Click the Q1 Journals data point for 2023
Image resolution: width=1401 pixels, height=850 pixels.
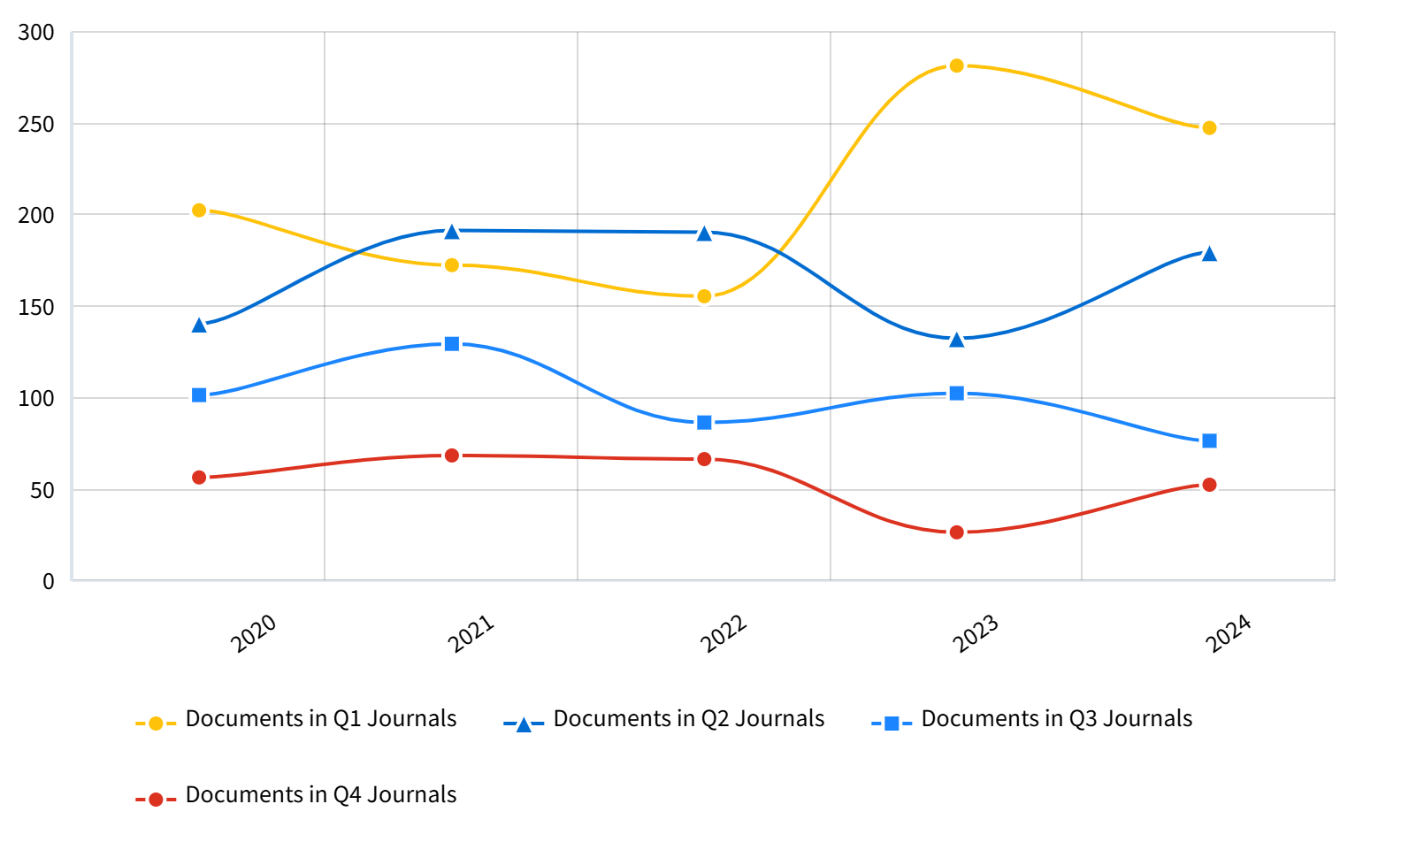956,65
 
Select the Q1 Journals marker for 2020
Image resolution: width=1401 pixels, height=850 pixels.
199,211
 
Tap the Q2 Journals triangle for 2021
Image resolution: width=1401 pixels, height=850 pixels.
452,232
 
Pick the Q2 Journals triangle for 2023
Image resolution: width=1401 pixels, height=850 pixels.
956,340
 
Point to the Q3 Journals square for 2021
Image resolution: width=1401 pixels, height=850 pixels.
452,344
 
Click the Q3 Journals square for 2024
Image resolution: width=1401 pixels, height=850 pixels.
1209,440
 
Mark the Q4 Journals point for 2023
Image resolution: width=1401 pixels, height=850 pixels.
956,532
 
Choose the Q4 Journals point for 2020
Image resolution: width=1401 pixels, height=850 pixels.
199,478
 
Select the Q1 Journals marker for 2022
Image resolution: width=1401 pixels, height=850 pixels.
704,296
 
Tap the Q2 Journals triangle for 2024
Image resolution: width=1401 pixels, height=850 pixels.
1209,254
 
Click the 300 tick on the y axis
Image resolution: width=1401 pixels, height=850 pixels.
36,33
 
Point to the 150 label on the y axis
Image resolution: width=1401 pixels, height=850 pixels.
36,307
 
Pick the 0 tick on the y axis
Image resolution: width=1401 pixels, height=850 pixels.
49,581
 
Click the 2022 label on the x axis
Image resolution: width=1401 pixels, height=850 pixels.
723,634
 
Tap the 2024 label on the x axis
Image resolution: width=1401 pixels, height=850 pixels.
1229,634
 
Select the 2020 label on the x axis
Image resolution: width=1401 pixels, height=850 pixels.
254,634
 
